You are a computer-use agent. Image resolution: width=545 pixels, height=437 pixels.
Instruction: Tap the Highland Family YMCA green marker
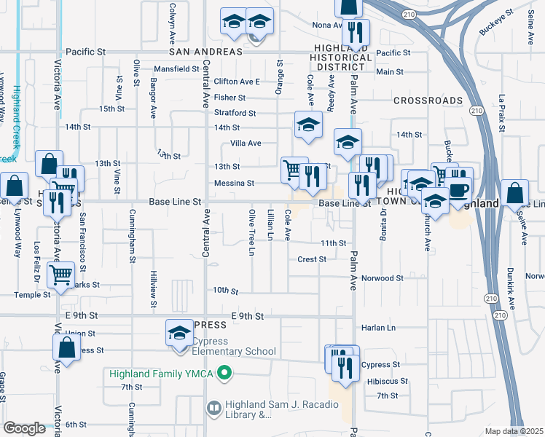(x=224, y=375)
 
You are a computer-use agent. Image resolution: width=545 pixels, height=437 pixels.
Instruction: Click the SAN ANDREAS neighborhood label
(x=205, y=52)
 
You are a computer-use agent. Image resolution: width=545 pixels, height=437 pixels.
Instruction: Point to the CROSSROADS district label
(x=428, y=101)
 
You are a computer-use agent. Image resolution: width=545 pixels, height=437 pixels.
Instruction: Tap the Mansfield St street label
(x=176, y=69)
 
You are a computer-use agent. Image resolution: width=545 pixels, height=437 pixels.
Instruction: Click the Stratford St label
(x=235, y=113)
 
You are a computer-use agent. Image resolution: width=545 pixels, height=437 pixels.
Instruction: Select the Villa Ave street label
(x=246, y=143)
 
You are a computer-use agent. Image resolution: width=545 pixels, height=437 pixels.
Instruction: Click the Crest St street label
(x=311, y=259)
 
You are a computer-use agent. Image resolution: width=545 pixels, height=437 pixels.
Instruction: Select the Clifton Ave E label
(x=238, y=82)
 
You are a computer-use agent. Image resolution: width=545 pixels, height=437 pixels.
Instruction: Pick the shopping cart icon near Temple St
(x=60, y=275)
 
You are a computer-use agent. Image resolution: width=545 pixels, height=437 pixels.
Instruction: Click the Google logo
(x=24, y=428)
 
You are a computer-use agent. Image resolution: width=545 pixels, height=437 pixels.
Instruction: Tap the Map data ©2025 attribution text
(x=514, y=431)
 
